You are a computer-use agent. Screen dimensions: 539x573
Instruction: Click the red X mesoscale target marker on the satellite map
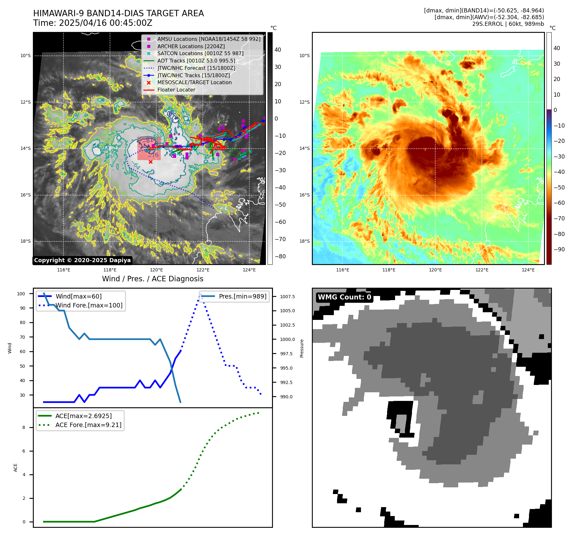[x=151, y=162]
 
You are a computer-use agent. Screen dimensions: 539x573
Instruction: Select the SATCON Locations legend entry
[x=200, y=54]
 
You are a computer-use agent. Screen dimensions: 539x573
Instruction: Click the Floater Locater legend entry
[x=176, y=90]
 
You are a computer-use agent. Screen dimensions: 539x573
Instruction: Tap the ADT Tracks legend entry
[x=196, y=61]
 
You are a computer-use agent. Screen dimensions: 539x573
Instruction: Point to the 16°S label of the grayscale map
[x=26, y=195]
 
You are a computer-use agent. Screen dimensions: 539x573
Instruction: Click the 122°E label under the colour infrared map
[x=482, y=270]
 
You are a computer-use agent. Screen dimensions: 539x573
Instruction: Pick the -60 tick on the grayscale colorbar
[x=280, y=222]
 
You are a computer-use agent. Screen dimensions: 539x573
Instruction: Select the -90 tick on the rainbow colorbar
[x=559, y=249]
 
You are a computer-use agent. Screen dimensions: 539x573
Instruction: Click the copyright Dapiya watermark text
[x=82, y=260]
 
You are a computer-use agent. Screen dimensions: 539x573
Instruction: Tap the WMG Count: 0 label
[x=344, y=297]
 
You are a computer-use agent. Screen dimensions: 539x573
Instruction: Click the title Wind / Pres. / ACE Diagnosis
[x=152, y=279]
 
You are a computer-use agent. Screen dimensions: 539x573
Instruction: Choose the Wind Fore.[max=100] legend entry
[x=89, y=305]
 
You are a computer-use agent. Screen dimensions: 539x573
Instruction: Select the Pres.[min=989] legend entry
[x=242, y=296]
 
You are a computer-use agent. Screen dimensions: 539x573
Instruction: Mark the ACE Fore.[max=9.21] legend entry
[x=88, y=425]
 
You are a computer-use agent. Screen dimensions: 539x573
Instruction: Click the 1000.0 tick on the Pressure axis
[x=287, y=339]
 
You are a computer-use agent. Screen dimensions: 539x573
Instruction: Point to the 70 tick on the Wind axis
[x=22, y=337]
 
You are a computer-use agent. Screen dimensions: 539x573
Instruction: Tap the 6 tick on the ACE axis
[x=24, y=451]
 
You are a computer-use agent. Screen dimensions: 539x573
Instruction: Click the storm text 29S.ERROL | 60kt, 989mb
[x=508, y=24]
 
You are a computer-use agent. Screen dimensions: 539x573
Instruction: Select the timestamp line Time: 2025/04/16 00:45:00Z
[x=93, y=23]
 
